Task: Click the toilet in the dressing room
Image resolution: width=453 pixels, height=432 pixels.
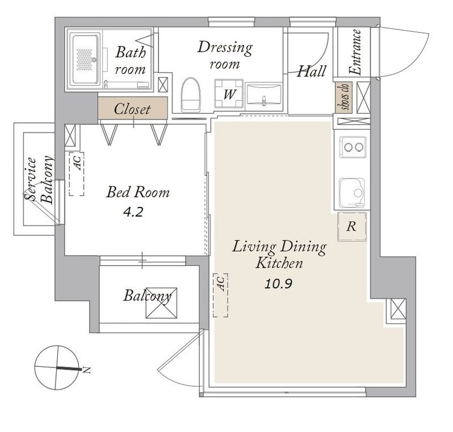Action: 191,95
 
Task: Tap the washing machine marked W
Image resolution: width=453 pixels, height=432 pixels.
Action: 229,93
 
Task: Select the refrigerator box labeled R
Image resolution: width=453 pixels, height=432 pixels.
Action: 352,226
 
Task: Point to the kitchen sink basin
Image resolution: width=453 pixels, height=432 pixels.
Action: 352,193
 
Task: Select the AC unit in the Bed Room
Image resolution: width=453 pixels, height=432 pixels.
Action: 76,174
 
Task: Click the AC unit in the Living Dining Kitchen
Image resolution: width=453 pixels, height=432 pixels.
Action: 221,295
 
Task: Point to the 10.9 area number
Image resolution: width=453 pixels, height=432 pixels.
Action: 279,284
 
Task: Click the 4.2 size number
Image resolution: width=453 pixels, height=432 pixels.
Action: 133,213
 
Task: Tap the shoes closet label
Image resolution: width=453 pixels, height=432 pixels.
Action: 344,97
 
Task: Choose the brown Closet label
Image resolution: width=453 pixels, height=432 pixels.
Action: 133,109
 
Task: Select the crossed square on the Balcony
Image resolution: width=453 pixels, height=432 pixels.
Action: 161,303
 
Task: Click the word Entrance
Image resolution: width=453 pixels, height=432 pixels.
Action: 356,52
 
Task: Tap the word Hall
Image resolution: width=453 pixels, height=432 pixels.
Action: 312,71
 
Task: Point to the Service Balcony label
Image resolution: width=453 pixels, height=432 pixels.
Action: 39,179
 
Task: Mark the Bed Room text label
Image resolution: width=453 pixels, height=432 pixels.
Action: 138,192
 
